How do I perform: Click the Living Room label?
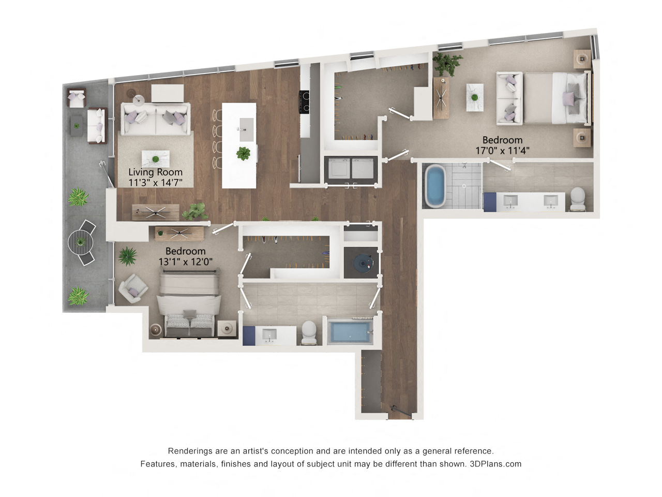[x=155, y=172]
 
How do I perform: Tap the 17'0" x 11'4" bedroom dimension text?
[x=502, y=150]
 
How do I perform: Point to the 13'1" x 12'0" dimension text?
[x=186, y=261]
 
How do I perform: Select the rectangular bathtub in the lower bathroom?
[x=350, y=332]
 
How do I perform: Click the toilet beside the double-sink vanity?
[x=578, y=199]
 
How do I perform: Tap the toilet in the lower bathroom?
[x=309, y=332]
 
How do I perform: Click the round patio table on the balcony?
[x=80, y=242]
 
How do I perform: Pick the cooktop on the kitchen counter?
[x=305, y=101]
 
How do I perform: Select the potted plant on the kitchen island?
[x=243, y=153]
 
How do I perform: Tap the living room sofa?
[x=156, y=118]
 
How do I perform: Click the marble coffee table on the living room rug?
[x=156, y=159]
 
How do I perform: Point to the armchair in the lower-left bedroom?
[x=133, y=288]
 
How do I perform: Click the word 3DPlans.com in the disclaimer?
[x=495, y=464]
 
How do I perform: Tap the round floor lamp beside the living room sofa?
[x=139, y=100]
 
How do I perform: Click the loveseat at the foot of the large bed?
[x=509, y=98]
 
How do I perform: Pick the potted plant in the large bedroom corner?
[x=447, y=64]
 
